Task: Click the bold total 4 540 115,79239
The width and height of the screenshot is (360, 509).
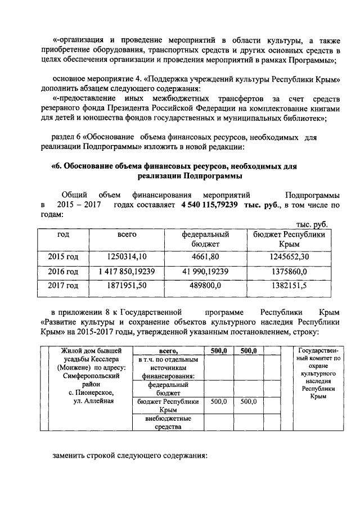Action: point(209,205)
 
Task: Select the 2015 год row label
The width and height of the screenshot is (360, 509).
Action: point(64,257)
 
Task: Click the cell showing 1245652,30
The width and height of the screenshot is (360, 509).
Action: point(289,257)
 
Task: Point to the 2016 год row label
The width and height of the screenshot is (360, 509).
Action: point(64,271)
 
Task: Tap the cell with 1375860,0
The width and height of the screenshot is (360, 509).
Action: point(289,271)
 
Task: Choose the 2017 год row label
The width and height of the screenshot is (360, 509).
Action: point(64,286)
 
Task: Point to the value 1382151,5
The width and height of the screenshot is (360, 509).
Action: point(289,286)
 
